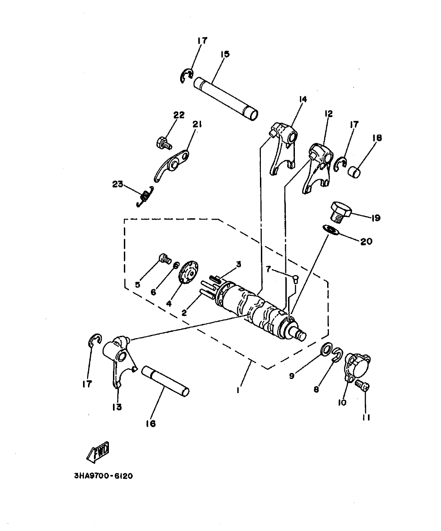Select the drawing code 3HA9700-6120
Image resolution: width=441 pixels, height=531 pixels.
pos(104,476)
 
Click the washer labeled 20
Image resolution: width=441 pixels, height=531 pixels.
pos(331,231)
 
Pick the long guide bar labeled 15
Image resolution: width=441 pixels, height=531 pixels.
pos(226,98)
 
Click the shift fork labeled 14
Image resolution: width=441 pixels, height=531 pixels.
pos(281,146)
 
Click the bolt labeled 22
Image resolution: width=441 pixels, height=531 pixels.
pos(164,143)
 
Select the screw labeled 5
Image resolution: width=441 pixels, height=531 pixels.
pos(164,259)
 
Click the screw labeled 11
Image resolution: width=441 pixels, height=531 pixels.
pos(362,386)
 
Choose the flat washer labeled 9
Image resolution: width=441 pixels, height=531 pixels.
pos(325,349)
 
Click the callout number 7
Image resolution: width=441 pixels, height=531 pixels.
pos(269,270)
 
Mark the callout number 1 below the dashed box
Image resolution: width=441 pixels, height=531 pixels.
pos(238,390)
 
